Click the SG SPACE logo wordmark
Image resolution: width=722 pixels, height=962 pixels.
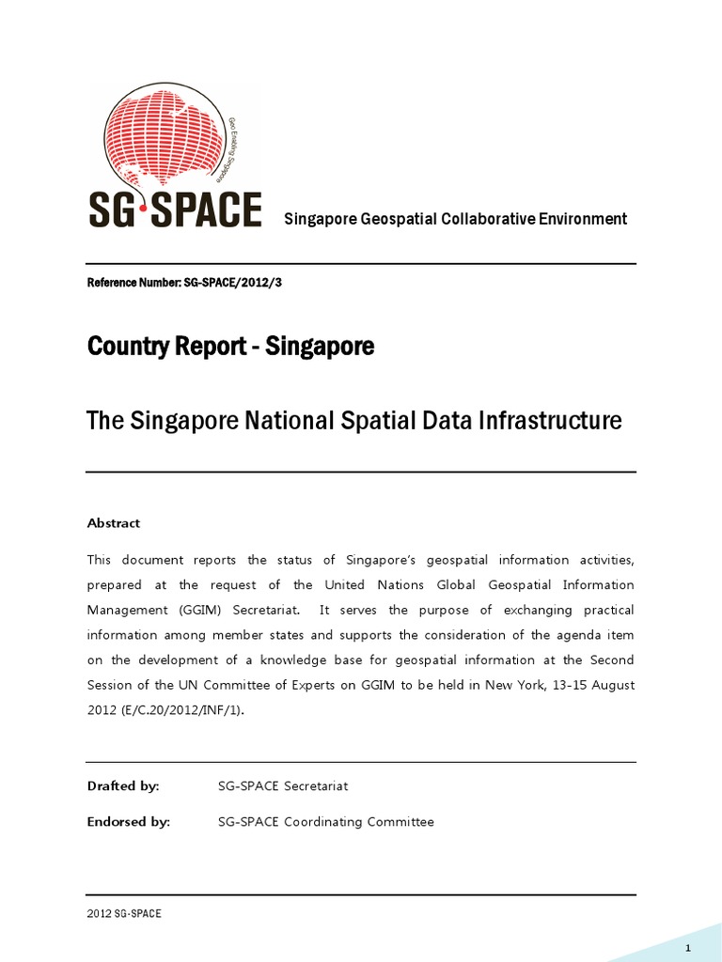[175, 209]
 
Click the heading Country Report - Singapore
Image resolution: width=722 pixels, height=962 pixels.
[230, 347]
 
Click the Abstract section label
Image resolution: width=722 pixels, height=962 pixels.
[114, 523]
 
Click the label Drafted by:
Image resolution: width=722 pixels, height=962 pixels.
[123, 785]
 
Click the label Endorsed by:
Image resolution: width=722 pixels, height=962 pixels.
[129, 822]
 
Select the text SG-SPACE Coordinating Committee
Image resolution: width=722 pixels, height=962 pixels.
[325, 822]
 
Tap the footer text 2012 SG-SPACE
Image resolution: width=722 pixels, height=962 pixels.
[124, 913]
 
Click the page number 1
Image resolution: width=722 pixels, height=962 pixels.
[688, 946]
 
